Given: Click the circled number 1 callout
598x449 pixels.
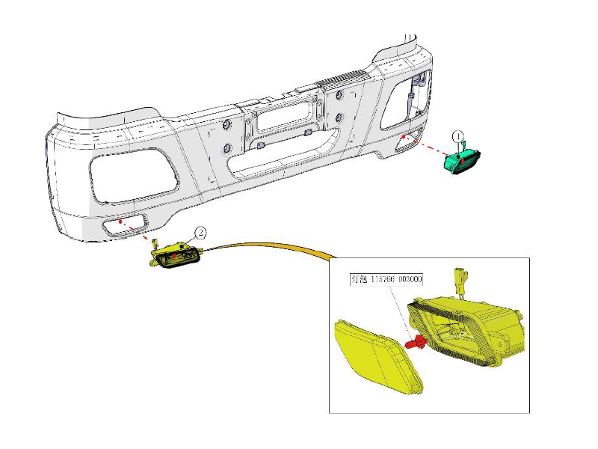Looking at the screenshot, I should [x=458, y=135].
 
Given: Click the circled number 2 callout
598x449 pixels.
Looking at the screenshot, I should [x=200, y=233].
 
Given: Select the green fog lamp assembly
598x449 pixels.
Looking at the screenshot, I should [x=463, y=160].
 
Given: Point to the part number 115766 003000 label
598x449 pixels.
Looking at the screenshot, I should [x=386, y=280].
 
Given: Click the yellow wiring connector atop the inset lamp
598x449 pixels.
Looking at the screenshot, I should [x=460, y=281].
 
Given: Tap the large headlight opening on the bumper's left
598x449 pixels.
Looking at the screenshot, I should [x=135, y=173].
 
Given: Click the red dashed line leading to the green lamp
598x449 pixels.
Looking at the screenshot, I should [x=426, y=147].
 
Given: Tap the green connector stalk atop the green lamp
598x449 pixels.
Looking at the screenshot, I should [x=463, y=141].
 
